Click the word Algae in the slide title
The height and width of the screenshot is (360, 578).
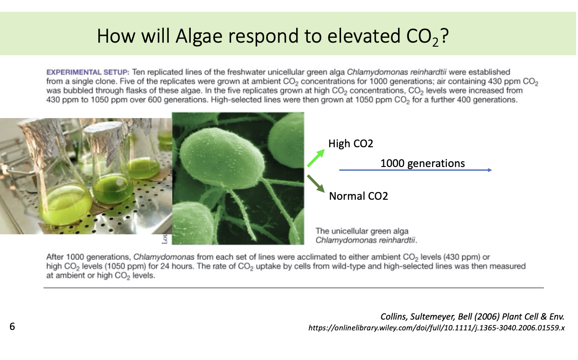click(199, 36)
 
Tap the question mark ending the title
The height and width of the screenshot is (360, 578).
click(444, 35)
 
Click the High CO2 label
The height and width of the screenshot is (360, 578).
click(350, 144)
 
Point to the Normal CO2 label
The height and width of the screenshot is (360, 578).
click(359, 196)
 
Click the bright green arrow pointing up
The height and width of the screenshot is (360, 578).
click(316, 158)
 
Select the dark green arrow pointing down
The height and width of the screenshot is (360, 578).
click(316, 184)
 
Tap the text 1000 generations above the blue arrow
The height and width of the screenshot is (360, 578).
click(423, 163)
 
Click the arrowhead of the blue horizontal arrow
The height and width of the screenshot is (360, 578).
click(490, 170)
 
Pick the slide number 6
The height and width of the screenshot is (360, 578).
click(12, 326)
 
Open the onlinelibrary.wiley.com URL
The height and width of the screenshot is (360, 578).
click(437, 328)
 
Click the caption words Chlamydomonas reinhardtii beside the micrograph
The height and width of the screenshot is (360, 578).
click(366, 240)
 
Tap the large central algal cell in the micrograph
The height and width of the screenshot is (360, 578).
click(222, 156)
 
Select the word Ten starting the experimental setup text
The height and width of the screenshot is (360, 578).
click(139, 72)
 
